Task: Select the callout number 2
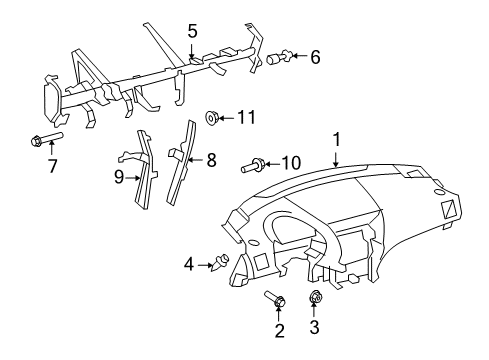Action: click(280, 331)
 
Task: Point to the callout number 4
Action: click(187, 264)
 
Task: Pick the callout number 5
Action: click(191, 33)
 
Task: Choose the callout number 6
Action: click(315, 58)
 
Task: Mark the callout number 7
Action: click(52, 165)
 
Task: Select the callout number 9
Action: click(119, 178)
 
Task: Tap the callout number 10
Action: click(290, 161)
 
